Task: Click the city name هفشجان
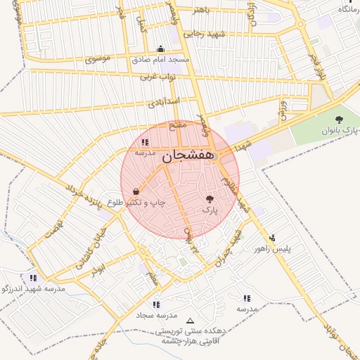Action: pos(188,158)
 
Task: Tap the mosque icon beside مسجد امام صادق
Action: pos(161,49)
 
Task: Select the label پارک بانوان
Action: pos(340,131)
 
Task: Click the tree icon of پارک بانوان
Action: pos(340,120)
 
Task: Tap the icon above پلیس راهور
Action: pos(273,238)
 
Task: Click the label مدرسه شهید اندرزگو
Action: pos(34,288)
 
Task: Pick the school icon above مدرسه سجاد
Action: pos(156,304)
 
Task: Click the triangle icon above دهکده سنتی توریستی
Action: pos(189,321)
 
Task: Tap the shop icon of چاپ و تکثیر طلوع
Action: pos(135,191)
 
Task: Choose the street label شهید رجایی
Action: pos(203,34)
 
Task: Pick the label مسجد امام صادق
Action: pos(161,60)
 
